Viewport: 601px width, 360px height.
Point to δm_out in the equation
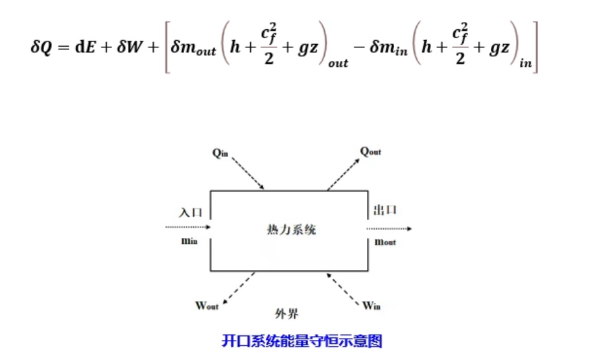click(x=194, y=49)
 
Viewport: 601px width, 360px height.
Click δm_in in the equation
click(x=388, y=49)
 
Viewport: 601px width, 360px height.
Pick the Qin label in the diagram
click(x=220, y=153)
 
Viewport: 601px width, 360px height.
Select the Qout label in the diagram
click(x=370, y=151)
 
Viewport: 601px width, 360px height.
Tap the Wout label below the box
click(x=207, y=306)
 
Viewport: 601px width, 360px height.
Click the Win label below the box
click(x=371, y=306)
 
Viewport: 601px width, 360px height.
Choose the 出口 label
click(x=384, y=210)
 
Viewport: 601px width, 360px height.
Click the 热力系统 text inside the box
click(x=291, y=229)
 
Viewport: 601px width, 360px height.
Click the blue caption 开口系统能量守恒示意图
click(x=301, y=340)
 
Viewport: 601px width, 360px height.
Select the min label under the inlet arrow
click(x=189, y=241)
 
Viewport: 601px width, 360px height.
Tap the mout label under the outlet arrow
click(x=385, y=242)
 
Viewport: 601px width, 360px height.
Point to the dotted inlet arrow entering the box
click(x=188, y=227)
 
